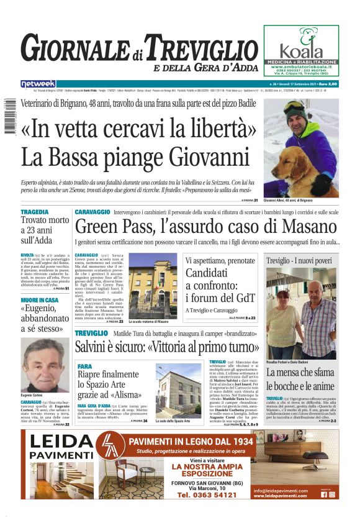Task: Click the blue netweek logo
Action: point(38,83)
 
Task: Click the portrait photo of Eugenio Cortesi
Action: point(45,365)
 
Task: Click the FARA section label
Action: point(85,366)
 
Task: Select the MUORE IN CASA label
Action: point(39,300)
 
